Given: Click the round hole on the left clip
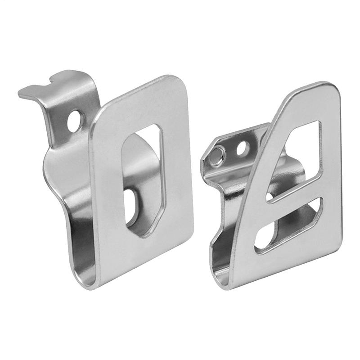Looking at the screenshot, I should point(77,120).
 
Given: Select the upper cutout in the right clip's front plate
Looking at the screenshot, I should point(299,153).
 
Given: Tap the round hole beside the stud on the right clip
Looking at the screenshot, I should point(242,147).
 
